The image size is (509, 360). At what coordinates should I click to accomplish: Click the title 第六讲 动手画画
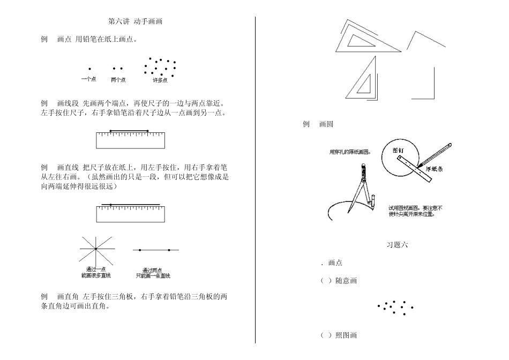click(x=135, y=22)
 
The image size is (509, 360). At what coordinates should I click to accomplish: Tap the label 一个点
click(x=88, y=80)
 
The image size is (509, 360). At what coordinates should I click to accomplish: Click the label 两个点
click(x=118, y=80)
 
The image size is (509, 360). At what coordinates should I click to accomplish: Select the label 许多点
click(x=160, y=80)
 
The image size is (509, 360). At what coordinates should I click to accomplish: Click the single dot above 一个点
click(x=89, y=69)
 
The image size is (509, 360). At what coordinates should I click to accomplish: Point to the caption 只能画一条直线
click(x=153, y=276)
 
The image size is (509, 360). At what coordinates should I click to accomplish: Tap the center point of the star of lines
click(x=95, y=249)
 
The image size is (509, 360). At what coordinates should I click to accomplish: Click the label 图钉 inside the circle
click(x=398, y=151)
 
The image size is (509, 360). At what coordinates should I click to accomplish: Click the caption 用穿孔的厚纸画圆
click(x=349, y=152)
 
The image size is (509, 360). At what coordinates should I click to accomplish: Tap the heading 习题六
click(x=397, y=245)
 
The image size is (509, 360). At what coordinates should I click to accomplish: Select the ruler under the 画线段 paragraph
click(x=130, y=140)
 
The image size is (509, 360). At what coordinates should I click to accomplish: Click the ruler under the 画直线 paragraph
click(x=130, y=214)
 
